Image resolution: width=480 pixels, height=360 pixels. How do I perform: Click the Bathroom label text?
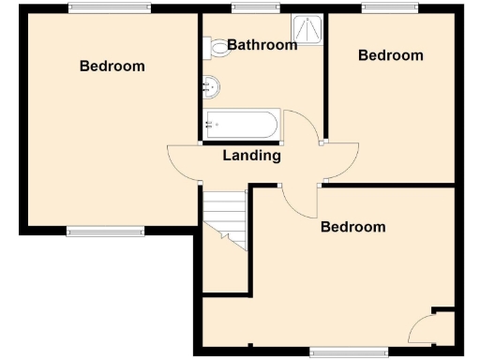tap(262, 44)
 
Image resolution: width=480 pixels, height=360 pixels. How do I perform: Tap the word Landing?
tap(251, 156)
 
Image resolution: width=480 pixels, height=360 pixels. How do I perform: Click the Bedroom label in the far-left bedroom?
tap(112, 66)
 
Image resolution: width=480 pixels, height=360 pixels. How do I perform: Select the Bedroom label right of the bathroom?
tap(391, 55)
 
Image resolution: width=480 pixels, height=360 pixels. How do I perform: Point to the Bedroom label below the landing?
tap(353, 227)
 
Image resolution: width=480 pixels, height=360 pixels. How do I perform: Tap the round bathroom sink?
tap(212, 88)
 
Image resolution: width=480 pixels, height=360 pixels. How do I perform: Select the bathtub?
tap(242, 125)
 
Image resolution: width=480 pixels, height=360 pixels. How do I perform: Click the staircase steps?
tap(225, 217)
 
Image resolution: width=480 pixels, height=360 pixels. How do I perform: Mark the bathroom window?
tap(249, 9)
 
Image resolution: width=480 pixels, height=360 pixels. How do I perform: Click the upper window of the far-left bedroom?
tap(109, 9)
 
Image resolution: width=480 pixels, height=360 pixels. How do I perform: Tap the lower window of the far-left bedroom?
tap(105, 231)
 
